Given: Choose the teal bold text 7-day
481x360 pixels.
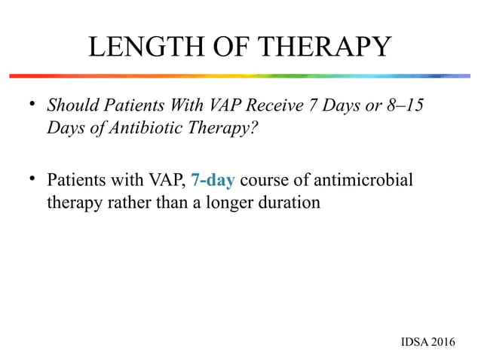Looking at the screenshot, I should click(x=213, y=182).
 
